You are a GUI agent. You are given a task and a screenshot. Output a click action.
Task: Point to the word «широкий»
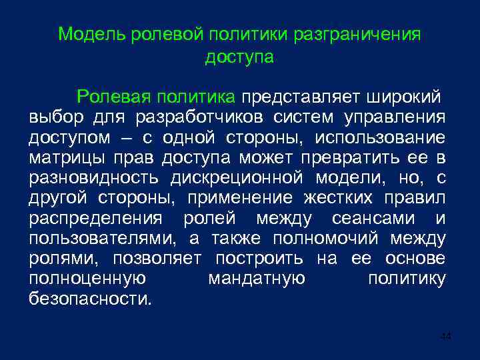click(x=403, y=97)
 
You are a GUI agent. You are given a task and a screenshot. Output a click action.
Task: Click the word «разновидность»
click(x=93, y=178)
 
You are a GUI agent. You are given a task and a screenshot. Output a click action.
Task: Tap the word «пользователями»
click(x=99, y=239)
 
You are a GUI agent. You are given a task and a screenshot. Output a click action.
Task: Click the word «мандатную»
click(x=257, y=279)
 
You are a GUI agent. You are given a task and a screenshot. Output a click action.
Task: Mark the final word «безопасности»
click(x=90, y=299)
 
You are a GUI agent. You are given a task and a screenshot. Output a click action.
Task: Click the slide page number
click(x=445, y=336)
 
